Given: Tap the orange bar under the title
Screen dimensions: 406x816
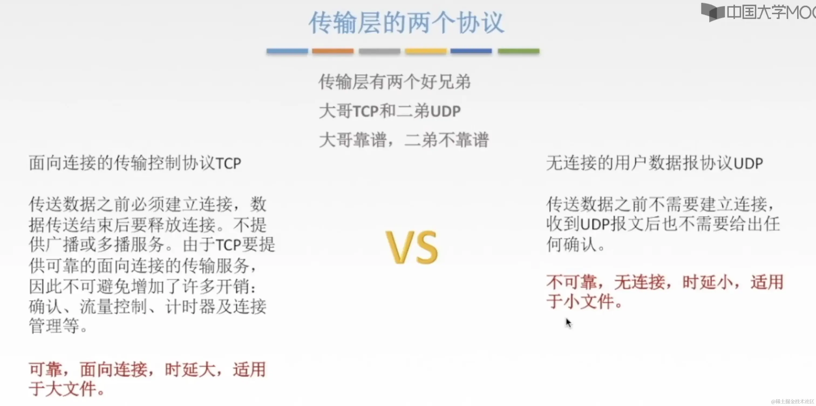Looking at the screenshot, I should click(x=333, y=51).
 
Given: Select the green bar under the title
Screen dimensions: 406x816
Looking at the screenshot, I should click(x=519, y=51).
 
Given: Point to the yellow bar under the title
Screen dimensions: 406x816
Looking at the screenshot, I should click(x=426, y=51).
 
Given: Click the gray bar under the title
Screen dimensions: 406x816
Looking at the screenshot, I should click(x=379, y=51).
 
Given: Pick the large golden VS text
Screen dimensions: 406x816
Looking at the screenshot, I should click(x=412, y=247).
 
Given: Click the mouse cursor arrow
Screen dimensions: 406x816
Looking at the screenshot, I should click(x=568, y=323).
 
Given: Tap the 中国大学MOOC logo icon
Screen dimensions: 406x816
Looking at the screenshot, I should click(x=712, y=12).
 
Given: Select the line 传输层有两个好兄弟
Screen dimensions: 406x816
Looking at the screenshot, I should click(x=395, y=82).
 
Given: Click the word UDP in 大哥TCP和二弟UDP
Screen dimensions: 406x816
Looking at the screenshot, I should click(x=446, y=111).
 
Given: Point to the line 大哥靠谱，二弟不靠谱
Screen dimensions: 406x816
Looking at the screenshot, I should click(x=404, y=140).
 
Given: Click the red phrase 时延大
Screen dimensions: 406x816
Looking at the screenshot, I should click(x=190, y=370).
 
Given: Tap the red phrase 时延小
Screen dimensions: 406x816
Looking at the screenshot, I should click(x=707, y=282).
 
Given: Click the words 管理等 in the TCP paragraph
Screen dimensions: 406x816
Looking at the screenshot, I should click(x=54, y=326).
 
